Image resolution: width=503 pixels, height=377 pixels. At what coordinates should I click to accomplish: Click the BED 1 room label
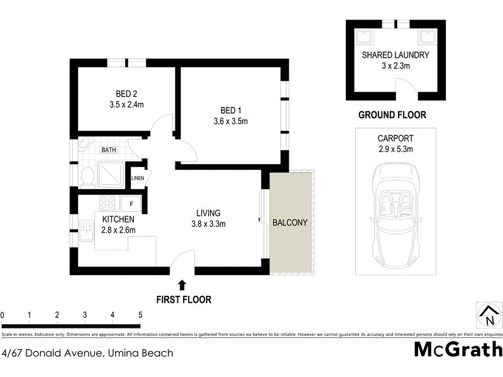(229, 109)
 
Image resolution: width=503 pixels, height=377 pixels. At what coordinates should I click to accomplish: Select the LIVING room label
(208, 213)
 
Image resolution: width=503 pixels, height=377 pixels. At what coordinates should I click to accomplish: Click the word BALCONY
(290, 223)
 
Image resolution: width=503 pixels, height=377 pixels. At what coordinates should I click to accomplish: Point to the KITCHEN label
(118, 219)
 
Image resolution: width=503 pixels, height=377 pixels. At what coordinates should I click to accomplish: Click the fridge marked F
(131, 204)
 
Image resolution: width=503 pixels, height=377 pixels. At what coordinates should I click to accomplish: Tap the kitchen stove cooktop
(107, 204)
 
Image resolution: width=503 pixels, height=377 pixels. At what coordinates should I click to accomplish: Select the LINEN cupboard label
(138, 178)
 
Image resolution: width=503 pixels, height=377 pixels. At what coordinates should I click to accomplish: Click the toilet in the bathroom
(87, 177)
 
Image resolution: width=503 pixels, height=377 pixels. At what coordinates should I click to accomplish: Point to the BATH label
(109, 150)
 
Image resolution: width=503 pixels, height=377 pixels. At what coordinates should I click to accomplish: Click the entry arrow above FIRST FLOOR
(182, 286)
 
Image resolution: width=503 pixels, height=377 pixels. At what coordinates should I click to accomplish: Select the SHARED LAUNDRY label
(395, 55)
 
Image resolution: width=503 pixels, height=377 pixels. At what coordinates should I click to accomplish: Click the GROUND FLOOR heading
(392, 115)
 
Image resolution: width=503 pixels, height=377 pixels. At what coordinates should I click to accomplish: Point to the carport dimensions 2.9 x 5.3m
(395, 150)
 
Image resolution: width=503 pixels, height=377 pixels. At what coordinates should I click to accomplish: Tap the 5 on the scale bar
(140, 315)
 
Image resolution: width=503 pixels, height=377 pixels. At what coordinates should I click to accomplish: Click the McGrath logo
(458, 349)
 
